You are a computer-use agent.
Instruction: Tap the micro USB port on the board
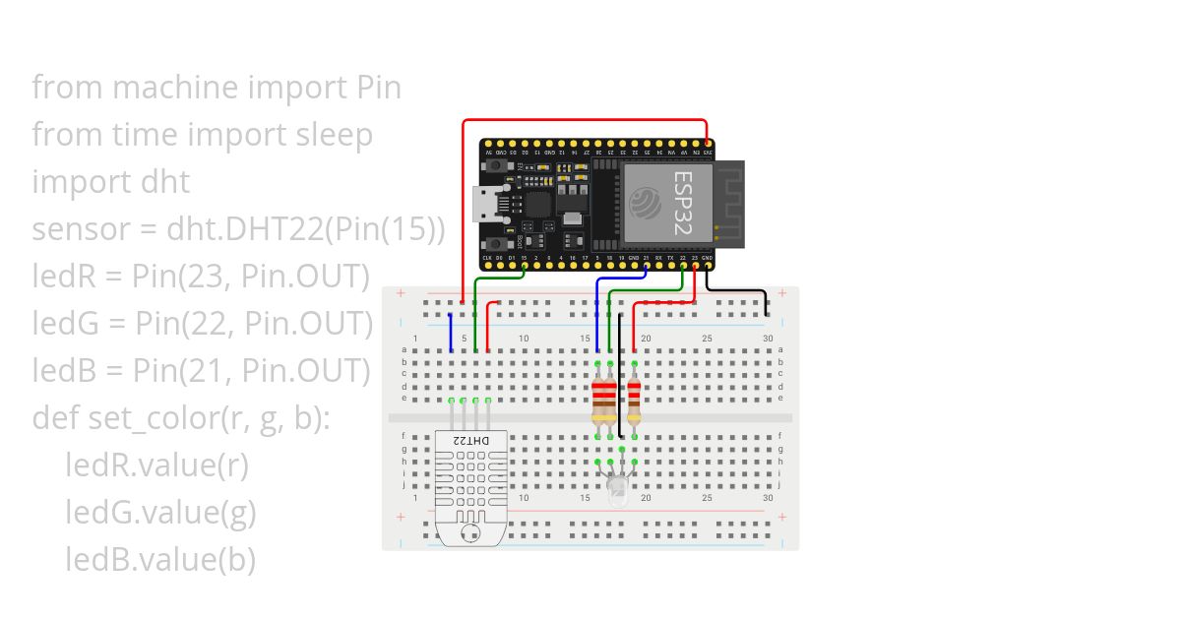(x=484, y=206)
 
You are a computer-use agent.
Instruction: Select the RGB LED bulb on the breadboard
(x=616, y=488)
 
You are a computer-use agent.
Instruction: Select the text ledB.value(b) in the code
(x=160, y=560)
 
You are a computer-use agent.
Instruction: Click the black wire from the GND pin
(x=738, y=290)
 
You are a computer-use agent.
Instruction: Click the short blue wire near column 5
(x=451, y=333)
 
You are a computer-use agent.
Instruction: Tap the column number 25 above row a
(x=707, y=339)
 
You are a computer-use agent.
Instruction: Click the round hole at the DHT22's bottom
(x=469, y=532)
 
